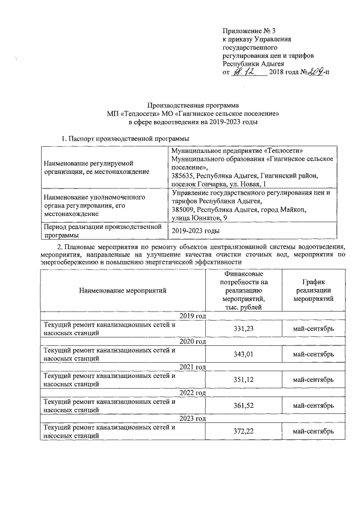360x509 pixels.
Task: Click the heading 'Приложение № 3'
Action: pyautogui.click(x=250, y=30)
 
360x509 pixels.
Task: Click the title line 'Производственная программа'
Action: pyautogui.click(x=193, y=105)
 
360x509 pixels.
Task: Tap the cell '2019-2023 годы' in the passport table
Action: pyautogui.click(x=195, y=231)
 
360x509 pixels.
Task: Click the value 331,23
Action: pyautogui.click(x=245, y=328)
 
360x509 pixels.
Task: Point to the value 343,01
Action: pyautogui.click(x=245, y=354)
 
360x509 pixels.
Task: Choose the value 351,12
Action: pyautogui.click(x=245, y=380)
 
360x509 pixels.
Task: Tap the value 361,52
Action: pyautogui.click(x=245, y=406)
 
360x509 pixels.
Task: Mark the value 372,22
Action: pyautogui.click(x=245, y=431)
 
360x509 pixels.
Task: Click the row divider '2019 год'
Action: pyautogui.click(x=192, y=316)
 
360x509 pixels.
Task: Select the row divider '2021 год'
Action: pyautogui.click(x=192, y=367)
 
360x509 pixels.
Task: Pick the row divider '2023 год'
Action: pyautogui.click(x=192, y=418)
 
